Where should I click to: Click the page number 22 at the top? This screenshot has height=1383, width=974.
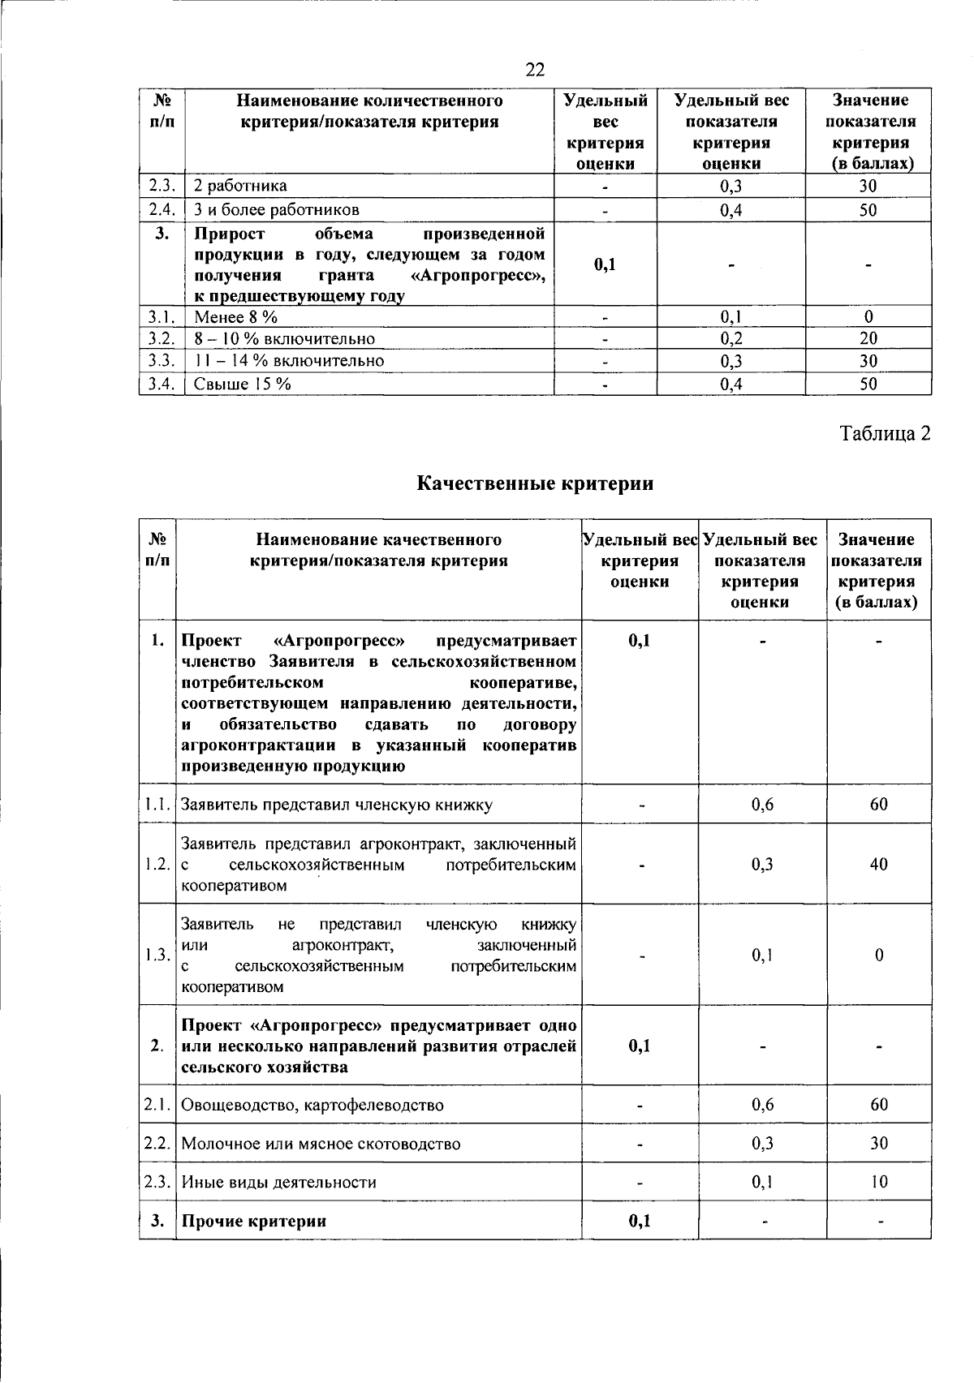535,70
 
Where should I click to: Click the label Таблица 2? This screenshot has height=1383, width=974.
884,434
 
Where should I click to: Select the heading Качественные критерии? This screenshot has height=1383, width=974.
535,484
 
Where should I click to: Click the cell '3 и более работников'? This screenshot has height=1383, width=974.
276,210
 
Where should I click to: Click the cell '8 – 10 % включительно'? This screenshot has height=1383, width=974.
284,338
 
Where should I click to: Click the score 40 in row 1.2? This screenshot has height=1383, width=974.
878,865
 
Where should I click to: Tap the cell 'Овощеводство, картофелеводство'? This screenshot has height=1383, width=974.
312,1105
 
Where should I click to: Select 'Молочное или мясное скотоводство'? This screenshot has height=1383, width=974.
321,1144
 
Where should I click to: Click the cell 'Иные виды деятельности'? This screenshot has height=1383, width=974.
278,1183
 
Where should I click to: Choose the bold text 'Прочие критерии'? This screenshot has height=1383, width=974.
253,1221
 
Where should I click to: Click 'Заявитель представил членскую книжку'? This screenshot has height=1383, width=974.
336,805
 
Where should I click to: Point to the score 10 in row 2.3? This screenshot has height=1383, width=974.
879,1183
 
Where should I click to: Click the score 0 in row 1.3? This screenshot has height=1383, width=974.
879,956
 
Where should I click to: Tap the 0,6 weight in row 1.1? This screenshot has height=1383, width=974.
762,805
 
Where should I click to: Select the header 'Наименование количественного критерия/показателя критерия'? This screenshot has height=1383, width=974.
369,111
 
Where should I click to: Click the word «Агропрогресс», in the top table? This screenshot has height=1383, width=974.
478,276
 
